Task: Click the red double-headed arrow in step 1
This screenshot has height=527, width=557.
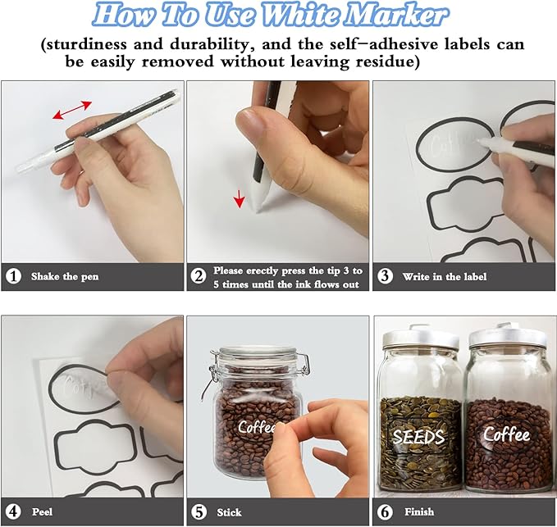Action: click(x=72, y=110)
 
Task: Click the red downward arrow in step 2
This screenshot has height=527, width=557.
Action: click(x=240, y=198)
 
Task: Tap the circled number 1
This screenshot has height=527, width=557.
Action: click(x=13, y=276)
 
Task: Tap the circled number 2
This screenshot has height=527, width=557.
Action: click(x=199, y=276)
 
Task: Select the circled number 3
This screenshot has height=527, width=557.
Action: click(x=385, y=276)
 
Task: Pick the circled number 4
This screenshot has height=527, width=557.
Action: click(x=13, y=511)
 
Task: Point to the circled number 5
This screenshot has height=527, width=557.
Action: click(x=199, y=511)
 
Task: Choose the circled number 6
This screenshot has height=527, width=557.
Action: click(x=385, y=511)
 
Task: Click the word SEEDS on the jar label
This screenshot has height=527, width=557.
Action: click(x=418, y=437)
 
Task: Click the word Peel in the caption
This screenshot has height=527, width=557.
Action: click(x=43, y=511)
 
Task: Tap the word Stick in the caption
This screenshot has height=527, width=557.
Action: click(x=229, y=512)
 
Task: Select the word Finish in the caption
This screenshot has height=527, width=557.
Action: click(x=419, y=511)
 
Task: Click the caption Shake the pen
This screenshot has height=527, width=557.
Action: click(x=65, y=276)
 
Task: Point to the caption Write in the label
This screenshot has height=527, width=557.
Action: click(x=445, y=276)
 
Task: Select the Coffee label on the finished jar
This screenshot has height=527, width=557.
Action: click(x=506, y=434)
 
